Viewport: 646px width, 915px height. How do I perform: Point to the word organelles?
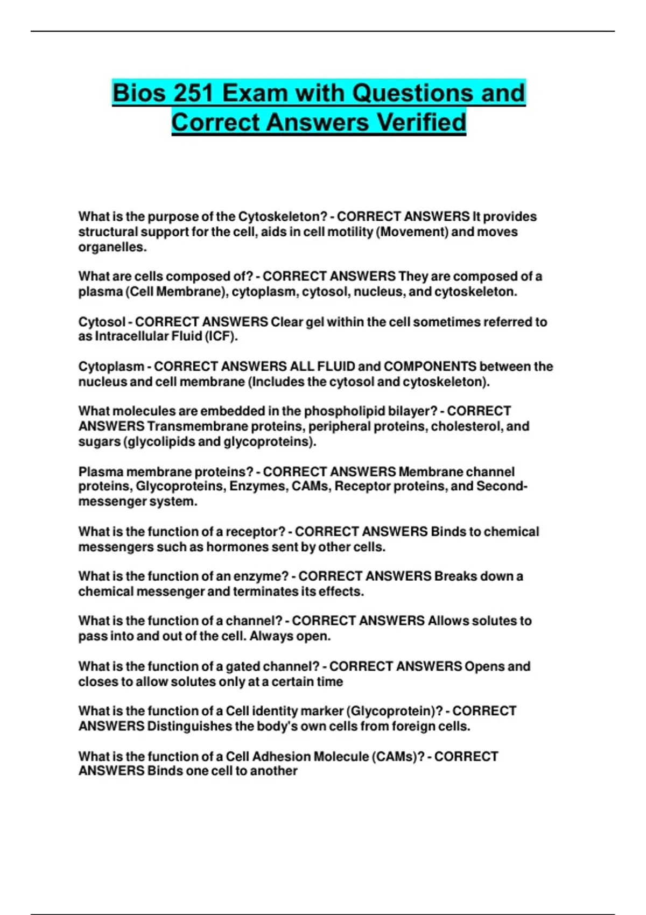point(113,247)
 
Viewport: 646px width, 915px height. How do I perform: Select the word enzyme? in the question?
point(261,576)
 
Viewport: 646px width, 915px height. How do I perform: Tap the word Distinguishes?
point(189,726)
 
